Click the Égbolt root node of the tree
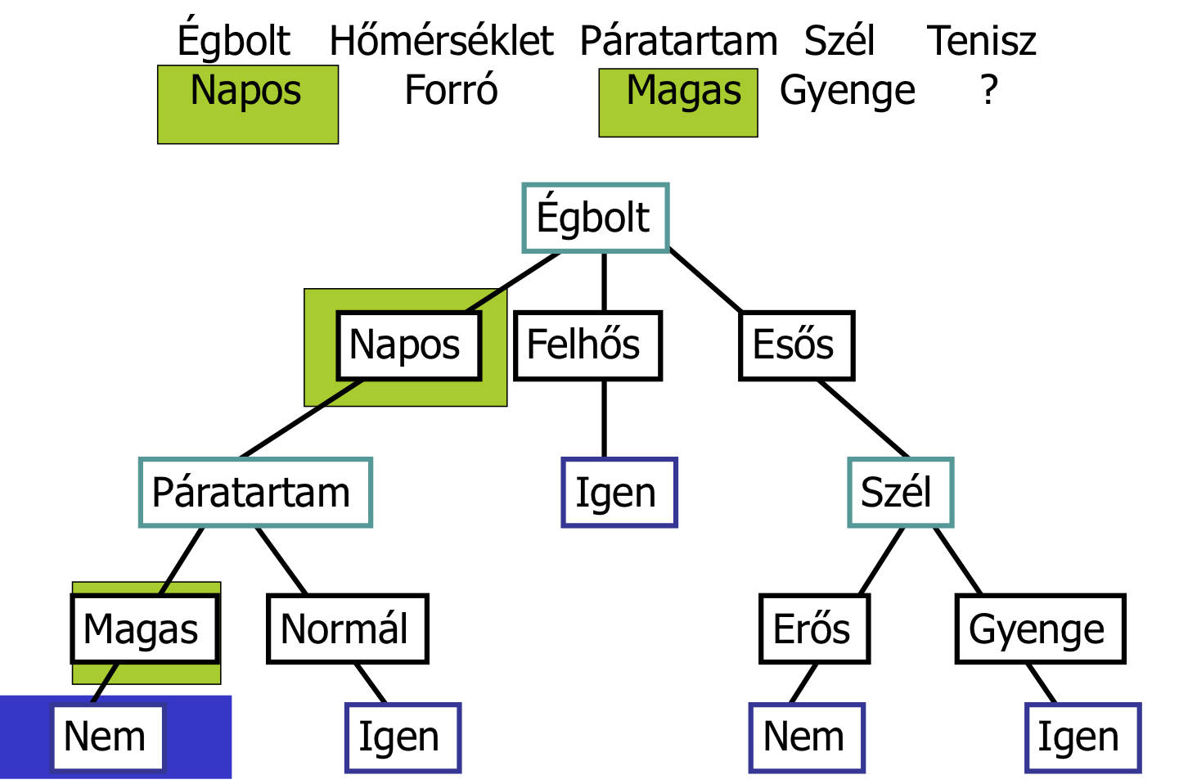coord(596,218)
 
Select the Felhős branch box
coord(587,345)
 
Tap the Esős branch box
coord(796,345)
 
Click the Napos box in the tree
coord(408,345)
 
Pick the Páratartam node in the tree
coord(255,493)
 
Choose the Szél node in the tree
coord(900,493)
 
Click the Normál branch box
coord(347,629)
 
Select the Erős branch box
coord(814,629)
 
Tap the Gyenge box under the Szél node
coord(1040,629)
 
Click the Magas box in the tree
coord(145,629)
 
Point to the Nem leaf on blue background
coord(107,737)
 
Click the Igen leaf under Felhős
coord(619,493)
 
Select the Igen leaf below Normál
coord(403,737)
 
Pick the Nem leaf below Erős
coord(807,737)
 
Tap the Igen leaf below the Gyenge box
coord(1082,737)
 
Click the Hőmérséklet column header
coord(441,41)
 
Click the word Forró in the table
coord(451,90)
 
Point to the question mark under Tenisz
coord(989,90)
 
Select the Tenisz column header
coord(981,41)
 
